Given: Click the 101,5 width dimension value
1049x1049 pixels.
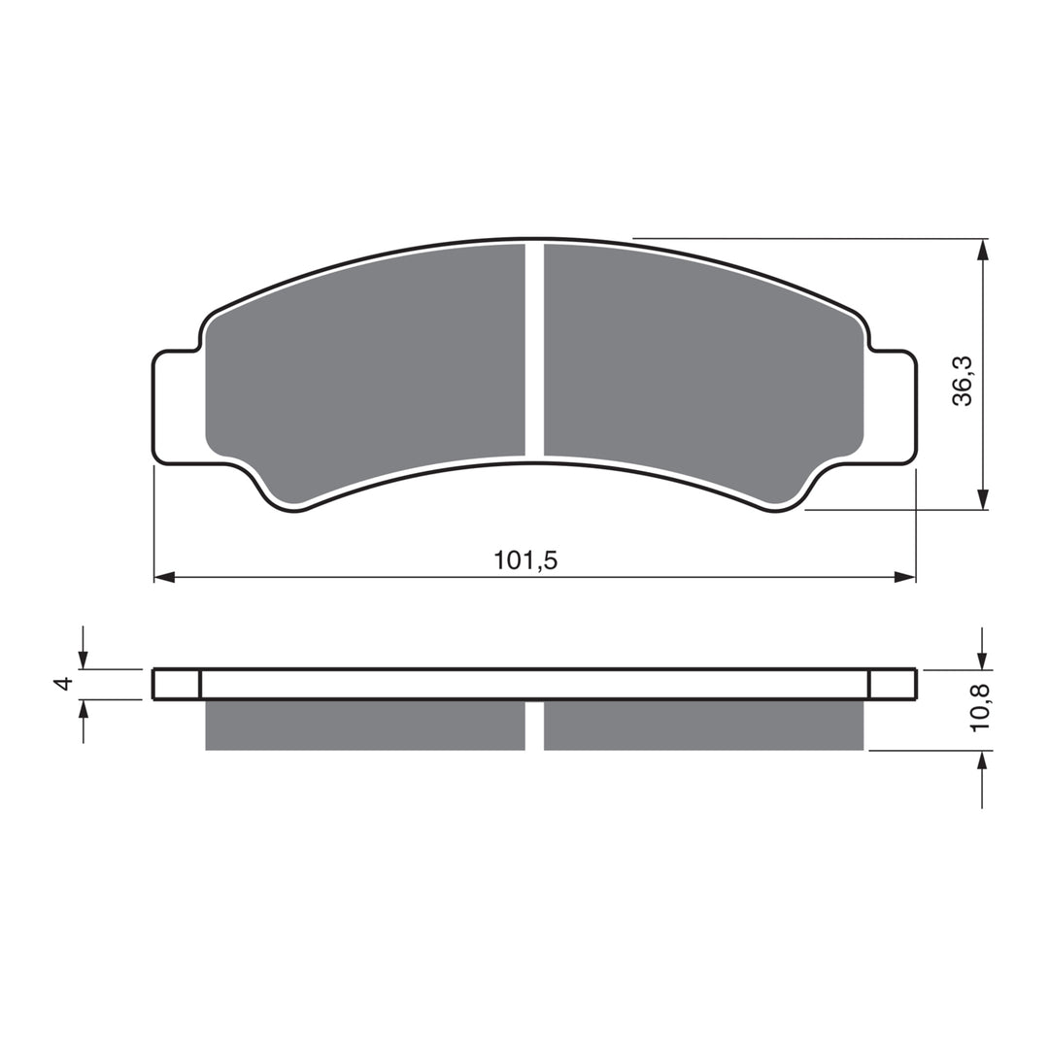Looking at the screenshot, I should point(525,560).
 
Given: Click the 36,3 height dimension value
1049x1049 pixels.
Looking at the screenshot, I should point(963,381).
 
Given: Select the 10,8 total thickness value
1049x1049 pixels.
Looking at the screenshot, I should point(981,707).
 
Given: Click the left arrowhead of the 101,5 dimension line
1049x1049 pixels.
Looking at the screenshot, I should point(164,577).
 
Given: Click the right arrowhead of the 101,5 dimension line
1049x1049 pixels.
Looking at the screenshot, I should point(904,577).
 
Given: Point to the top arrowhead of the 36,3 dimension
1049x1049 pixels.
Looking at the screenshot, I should point(983,250).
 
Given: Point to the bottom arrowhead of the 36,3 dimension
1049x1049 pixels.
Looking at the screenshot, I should point(983,498).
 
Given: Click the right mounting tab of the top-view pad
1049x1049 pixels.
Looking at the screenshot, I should point(891,406).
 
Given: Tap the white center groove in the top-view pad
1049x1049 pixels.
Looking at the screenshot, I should point(534,350).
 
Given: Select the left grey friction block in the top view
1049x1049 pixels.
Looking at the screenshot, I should point(369,369).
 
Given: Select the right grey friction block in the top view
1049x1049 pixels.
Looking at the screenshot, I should point(699,369).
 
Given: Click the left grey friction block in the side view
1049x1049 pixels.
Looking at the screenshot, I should point(364,726).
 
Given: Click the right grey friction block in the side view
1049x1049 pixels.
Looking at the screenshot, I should point(703,726).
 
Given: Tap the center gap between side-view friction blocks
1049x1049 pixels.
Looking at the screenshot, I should point(534,726).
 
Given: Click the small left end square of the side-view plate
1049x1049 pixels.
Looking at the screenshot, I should point(177,684).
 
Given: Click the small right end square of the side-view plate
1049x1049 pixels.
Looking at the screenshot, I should point(892,684).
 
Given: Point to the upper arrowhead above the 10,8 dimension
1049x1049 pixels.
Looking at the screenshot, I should point(983,660).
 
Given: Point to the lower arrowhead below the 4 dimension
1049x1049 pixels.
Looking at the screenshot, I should point(84,709).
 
